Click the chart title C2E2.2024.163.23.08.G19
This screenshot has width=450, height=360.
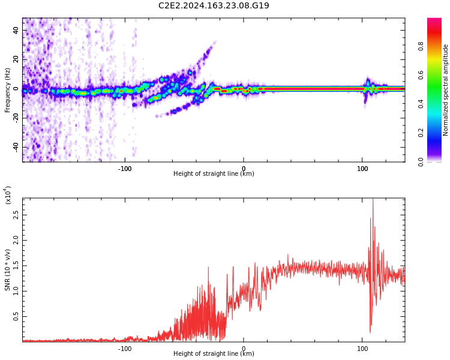click(x=214, y=6)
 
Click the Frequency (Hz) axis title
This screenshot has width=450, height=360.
click(x=8, y=90)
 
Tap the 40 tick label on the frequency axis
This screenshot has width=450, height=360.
click(x=16, y=31)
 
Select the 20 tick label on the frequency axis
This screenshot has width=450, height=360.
click(x=16, y=59)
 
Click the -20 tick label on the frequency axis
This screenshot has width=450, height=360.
click(x=14, y=118)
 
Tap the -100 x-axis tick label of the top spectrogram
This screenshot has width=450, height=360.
click(x=124, y=169)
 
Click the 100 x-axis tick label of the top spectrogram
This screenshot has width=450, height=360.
click(x=362, y=169)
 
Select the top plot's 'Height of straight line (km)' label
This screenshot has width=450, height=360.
click(x=214, y=174)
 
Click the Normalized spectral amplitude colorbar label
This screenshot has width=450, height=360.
click(x=446, y=90)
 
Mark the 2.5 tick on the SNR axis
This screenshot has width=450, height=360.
click(x=16, y=214)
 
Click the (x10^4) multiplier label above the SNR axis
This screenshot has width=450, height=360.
click(x=8, y=195)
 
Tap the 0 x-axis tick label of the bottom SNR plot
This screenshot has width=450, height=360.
click(x=244, y=348)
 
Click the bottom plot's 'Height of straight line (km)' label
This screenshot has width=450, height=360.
click(x=214, y=354)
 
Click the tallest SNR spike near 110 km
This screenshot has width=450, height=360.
click(x=373, y=200)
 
